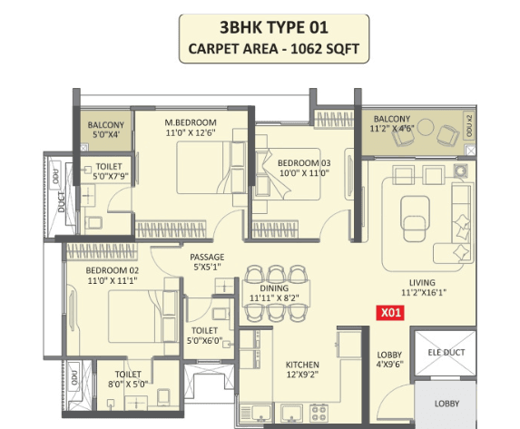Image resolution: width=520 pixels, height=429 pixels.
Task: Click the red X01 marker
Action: point(390,313)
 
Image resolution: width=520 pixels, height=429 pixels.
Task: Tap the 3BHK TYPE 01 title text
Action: point(274,27)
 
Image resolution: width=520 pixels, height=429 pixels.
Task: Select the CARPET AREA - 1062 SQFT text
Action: point(274,49)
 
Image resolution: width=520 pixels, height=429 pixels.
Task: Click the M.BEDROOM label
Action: point(191,122)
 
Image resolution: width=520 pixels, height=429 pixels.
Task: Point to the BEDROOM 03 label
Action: point(304,162)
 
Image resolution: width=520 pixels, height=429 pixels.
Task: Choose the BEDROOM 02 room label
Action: point(113,270)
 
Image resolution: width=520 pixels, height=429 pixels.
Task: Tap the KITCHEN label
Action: point(302,365)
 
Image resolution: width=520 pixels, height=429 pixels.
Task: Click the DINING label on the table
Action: point(274,288)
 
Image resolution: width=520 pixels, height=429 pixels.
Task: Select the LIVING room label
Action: point(422,282)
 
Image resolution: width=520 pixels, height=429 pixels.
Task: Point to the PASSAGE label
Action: point(207,257)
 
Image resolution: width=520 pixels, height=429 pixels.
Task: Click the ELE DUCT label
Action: point(446,353)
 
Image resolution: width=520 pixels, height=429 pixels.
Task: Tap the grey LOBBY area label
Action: point(447,404)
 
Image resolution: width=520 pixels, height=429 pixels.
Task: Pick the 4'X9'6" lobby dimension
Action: point(389,365)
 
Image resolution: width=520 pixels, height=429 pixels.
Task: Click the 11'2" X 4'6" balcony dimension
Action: point(392,128)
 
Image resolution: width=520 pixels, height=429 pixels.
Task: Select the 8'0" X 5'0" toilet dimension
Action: point(128,385)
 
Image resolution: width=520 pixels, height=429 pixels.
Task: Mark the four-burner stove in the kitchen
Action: point(319,414)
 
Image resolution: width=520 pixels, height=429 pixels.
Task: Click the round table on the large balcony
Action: point(426,127)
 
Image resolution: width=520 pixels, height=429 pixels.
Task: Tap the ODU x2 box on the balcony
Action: point(468,126)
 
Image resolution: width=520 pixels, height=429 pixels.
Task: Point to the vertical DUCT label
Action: point(62,201)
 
